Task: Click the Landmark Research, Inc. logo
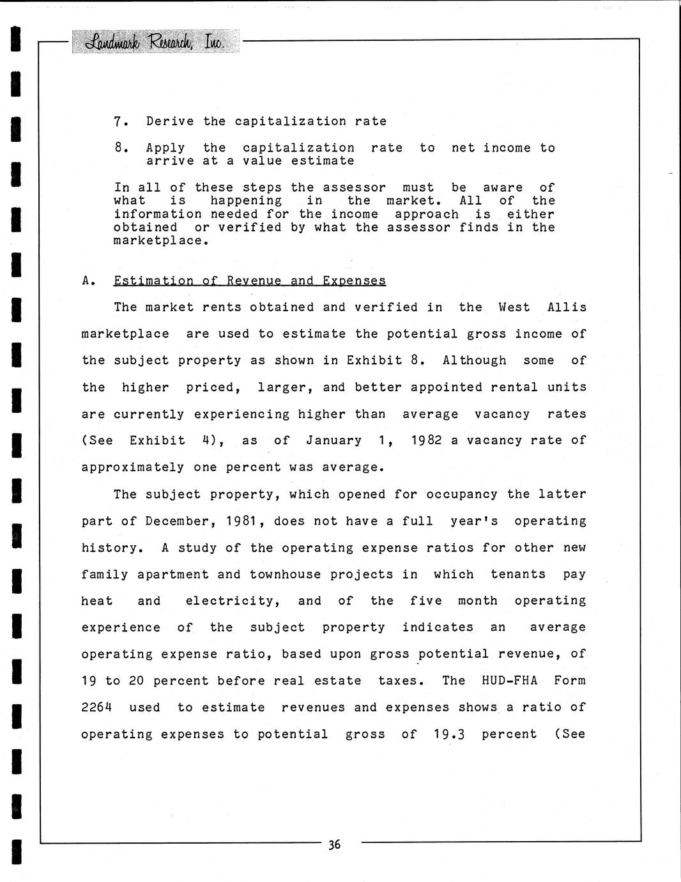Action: [157, 42]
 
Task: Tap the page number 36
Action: [334, 845]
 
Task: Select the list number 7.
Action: [118, 121]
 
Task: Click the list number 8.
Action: [118, 148]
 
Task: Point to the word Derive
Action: [170, 121]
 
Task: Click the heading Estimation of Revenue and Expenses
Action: [250, 281]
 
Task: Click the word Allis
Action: [567, 307]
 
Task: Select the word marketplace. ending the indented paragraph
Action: [161, 241]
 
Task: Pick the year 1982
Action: [426, 440]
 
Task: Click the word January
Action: [333, 440]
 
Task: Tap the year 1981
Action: [241, 521]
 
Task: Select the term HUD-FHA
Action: [509, 680]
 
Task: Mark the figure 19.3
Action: [448, 734]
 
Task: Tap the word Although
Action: [475, 360]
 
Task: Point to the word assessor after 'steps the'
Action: [354, 187]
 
